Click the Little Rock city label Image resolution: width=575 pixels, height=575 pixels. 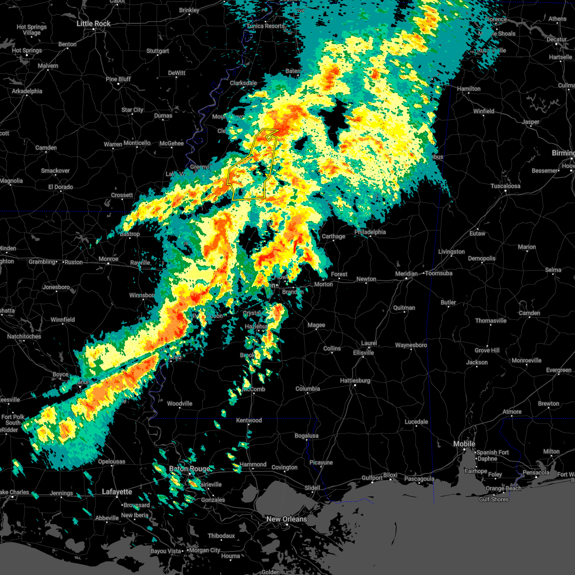click(x=94, y=23)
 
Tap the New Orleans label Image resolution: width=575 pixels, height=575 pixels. click(x=287, y=519)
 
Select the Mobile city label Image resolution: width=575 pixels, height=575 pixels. click(x=464, y=444)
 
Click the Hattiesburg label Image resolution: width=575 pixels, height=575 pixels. click(x=355, y=380)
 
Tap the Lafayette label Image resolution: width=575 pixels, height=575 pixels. click(x=117, y=492)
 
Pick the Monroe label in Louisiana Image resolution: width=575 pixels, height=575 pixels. click(x=108, y=259)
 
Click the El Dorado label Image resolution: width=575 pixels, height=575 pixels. click(x=60, y=187)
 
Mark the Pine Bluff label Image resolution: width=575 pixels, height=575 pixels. click(x=118, y=79)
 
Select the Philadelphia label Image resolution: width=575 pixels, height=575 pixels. click(x=370, y=232)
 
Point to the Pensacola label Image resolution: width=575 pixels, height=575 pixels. click(x=536, y=472)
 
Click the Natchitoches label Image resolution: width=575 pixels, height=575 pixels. click(x=24, y=336)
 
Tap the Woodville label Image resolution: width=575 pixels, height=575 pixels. click(x=180, y=403)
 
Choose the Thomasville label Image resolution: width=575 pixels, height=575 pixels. click(x=491, y=321)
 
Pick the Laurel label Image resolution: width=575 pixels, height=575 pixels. click(x=369, y=343)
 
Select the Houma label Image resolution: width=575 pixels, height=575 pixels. click(x=230, y=556)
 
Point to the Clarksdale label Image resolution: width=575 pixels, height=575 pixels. click(x=243, y=83)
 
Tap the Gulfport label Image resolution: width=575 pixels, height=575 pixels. click(x=372, y=478)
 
